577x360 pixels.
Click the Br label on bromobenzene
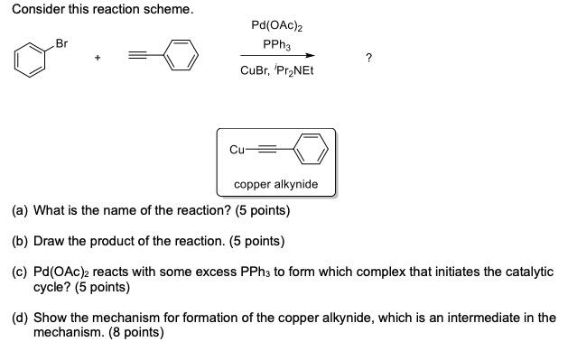click(61, 42)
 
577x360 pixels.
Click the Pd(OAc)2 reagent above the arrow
click(276, 26)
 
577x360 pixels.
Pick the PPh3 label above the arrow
click(275, 43)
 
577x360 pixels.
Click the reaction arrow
click(276, 56)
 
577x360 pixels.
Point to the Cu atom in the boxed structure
click(237, 150)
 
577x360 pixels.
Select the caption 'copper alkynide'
click(275, 184)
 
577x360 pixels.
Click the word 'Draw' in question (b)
click(51, 241)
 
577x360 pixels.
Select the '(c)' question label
click(19, 272)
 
